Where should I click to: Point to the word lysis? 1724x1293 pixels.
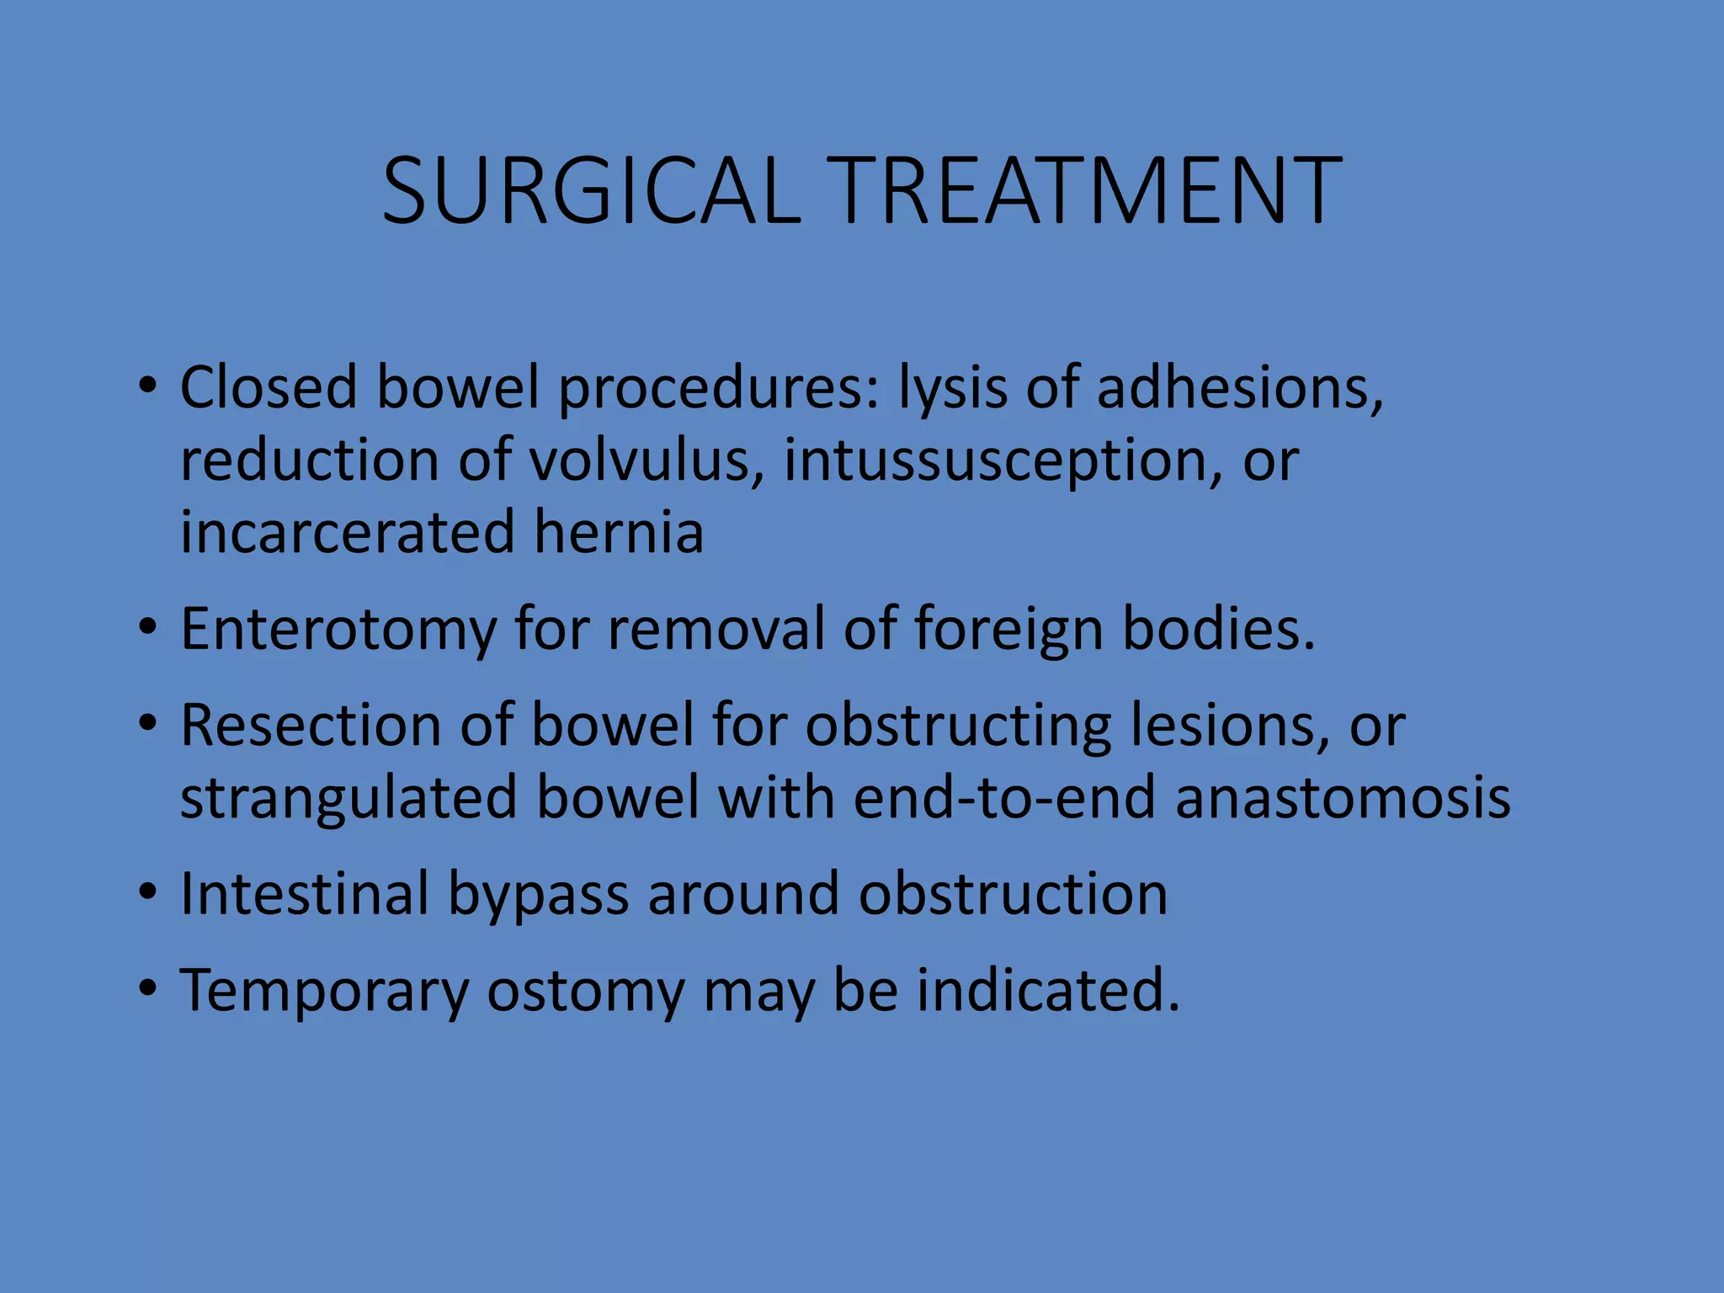pyautogui.click(x=952, y=389)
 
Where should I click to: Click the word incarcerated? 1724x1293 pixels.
pyautogui.click(x=348, y=532)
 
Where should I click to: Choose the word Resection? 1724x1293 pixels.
pyautogui.click(x=311, y=725)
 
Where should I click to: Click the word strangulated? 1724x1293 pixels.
pyautogui.click(x=349, y=798)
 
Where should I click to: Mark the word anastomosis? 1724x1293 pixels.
pyautogui.click(x=1343, y=797)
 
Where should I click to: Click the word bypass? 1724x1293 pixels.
pyautogui.click(x=538, y=895)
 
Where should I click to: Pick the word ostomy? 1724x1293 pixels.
pyautogui.click(x=586, y=991)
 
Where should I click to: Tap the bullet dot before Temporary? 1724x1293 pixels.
pyautogui.click(x=148, y=987)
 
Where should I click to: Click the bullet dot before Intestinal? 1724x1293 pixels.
pyautogui.click(x=148, y=891)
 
